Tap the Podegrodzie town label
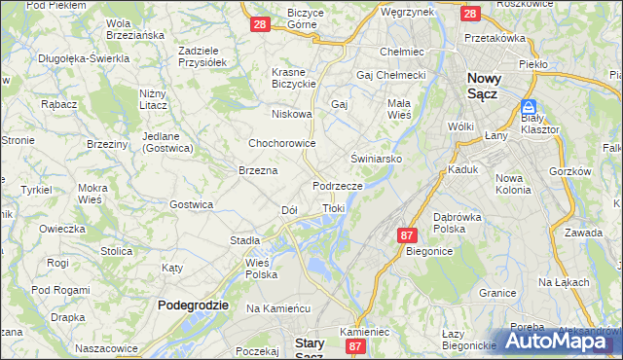click(193, 305)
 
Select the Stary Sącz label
click(315, 347)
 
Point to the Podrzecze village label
click(338, 185)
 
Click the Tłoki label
click(334, 208)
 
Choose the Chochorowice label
click(282, 142)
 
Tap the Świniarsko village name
click(377, 157)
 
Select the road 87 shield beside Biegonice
click(407, 234)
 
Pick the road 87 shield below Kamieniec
click(355, 345)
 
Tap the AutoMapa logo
click(559, 341)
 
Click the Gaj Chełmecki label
click(392, 75)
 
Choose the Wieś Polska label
click(262, 269)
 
